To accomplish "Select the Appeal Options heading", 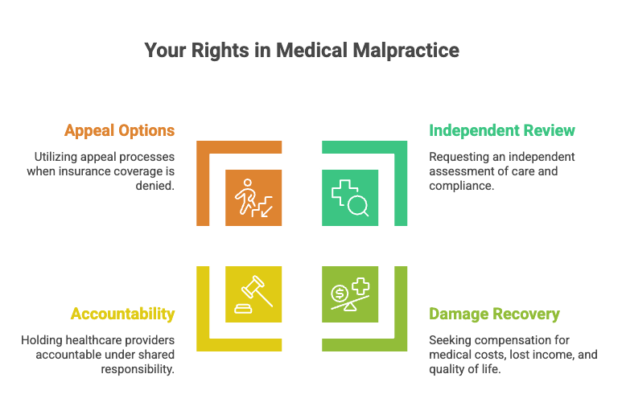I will click(119, 130).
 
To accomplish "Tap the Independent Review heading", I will click(502, 130).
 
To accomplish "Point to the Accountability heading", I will click(122, 314).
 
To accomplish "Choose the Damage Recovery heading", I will click(494, 314).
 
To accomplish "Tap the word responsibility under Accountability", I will click(138, 368).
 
